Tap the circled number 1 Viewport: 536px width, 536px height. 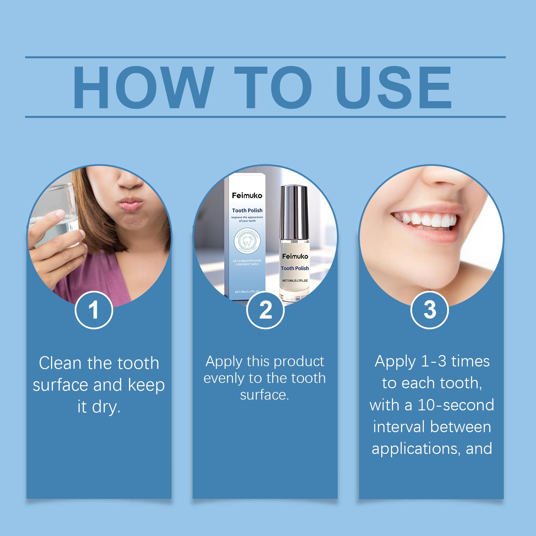tap(94, 310)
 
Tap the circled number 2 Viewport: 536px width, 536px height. tap(265, 310)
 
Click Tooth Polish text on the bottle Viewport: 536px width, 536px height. tap(295, 268)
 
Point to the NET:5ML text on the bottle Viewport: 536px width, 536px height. tap(295, 280)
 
